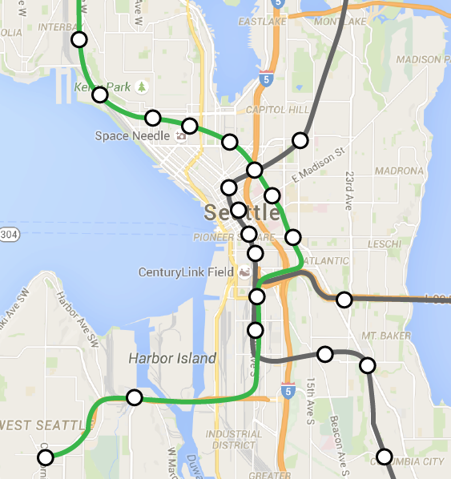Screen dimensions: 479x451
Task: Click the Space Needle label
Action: click(x=132, y=135)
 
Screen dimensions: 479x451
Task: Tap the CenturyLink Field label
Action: click(x=186, y=272)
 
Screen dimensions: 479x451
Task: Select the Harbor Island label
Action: click(x=171, y=358)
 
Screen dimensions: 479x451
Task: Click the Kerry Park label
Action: click(x=102, y=87)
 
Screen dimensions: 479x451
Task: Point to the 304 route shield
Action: click(x=9, y=235)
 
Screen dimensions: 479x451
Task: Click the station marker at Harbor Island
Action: click(x=135, y=397)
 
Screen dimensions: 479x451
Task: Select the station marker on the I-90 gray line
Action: click(x=344, y=300)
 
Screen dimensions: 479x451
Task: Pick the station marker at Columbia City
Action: click(x=385, y=457)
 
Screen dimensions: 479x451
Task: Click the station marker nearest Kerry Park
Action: click(x=100, y=95)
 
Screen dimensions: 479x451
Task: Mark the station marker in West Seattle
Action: click(x=46, y=457)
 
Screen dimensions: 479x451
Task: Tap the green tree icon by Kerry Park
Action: click(x=143, y=86)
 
